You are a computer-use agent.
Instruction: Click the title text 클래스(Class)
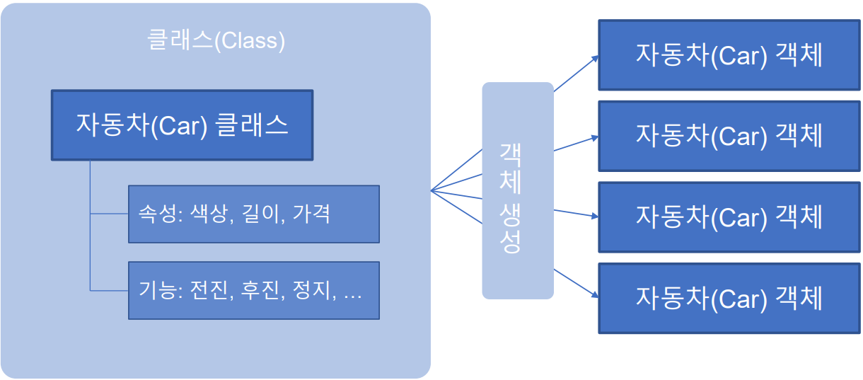point(216,41)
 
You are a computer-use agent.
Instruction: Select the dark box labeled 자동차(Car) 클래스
point(182,125)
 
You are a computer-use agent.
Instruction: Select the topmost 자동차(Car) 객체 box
point(729,55)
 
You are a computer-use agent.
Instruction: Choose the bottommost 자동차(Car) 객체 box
point(729,298)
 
